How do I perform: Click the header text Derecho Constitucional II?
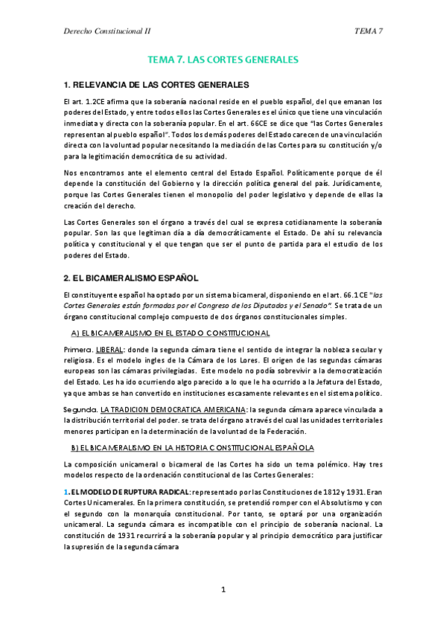(109, 31)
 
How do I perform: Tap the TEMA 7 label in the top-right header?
(369, 31)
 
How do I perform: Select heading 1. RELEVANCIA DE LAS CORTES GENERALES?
(156, 84)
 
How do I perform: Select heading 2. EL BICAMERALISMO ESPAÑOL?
(131, 278)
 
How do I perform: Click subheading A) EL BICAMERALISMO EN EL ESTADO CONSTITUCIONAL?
(170, 333)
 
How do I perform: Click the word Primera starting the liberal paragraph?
(78, 350)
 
